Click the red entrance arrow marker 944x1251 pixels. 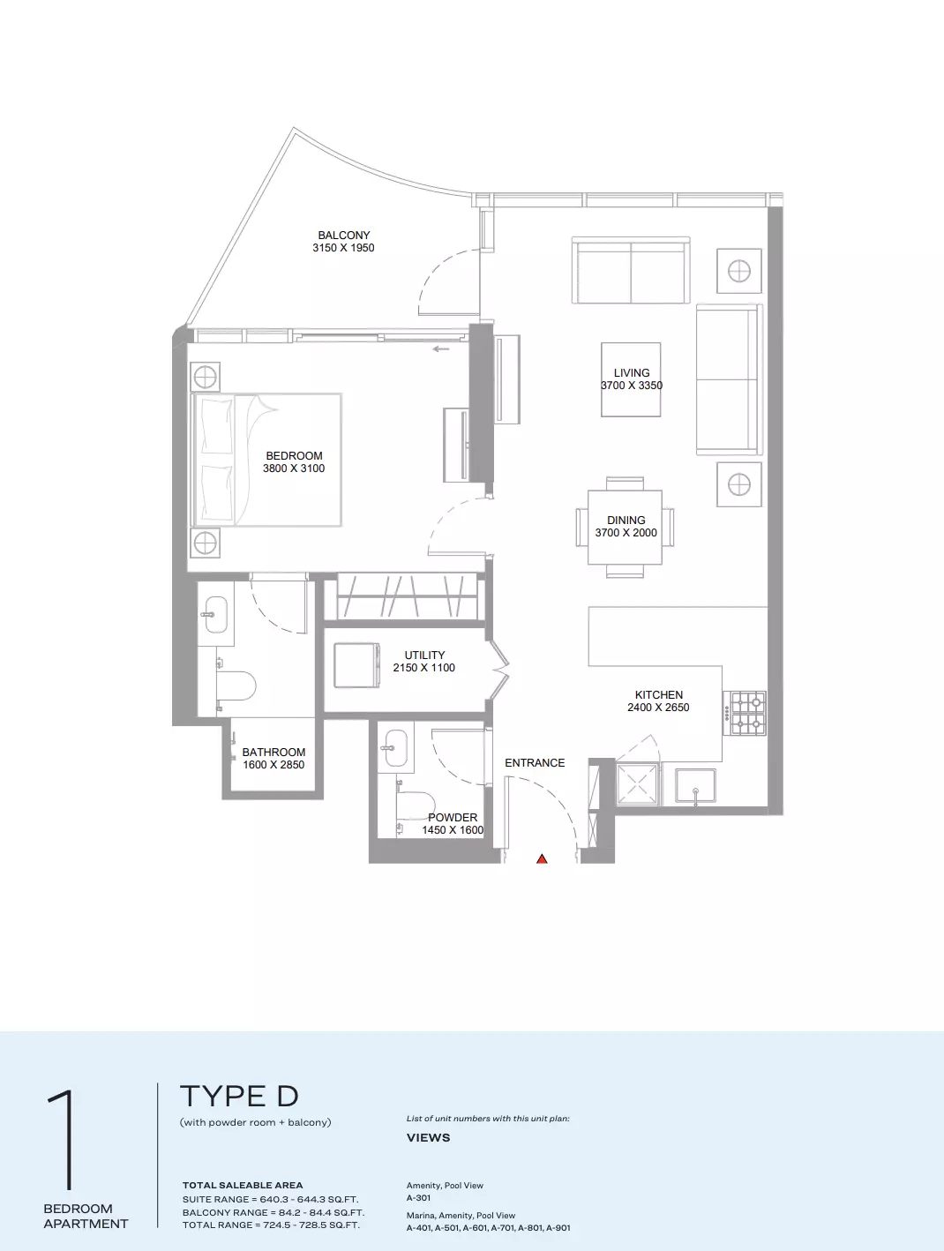tap(542, 858)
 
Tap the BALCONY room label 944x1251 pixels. tap(343, 235)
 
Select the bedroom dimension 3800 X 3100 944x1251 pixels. tap(294, 468)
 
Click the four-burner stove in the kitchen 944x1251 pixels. tap(745, 713)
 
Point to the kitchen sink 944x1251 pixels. tap(695, 786)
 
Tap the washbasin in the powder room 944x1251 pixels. tap(396, 749)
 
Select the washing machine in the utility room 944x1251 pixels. tap(356, 665)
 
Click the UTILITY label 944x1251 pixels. tap(424, 655)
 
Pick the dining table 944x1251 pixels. tap(625, 528)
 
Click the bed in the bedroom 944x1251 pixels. tap(267, 460)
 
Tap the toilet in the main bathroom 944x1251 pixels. tap(236, 685)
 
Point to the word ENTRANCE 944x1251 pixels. tap(535, 762)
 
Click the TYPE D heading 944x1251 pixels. tap(239, 1096)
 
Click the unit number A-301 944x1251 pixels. tap(418, 1197)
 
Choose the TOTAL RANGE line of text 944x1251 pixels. tap(271, 1225)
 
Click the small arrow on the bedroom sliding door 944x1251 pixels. tap(441, 349)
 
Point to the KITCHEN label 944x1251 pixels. tap(658, 694)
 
